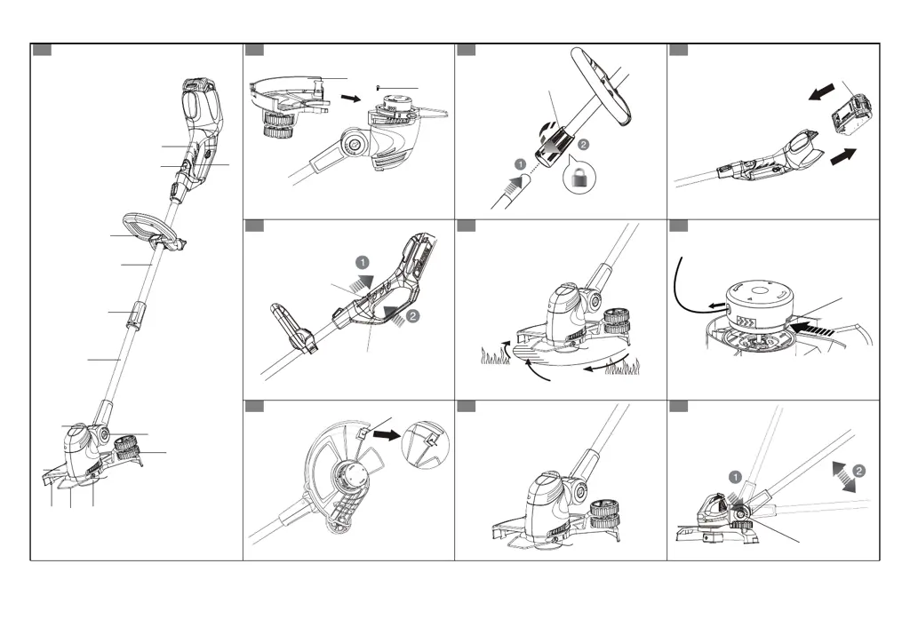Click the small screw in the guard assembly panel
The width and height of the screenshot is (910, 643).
[381, 87]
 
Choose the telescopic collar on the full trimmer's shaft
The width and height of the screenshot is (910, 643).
[136, 314]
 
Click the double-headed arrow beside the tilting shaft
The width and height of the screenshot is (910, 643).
[845, 476]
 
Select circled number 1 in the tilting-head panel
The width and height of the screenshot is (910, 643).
[735, 477]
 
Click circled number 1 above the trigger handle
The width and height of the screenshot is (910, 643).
[363, 263]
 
